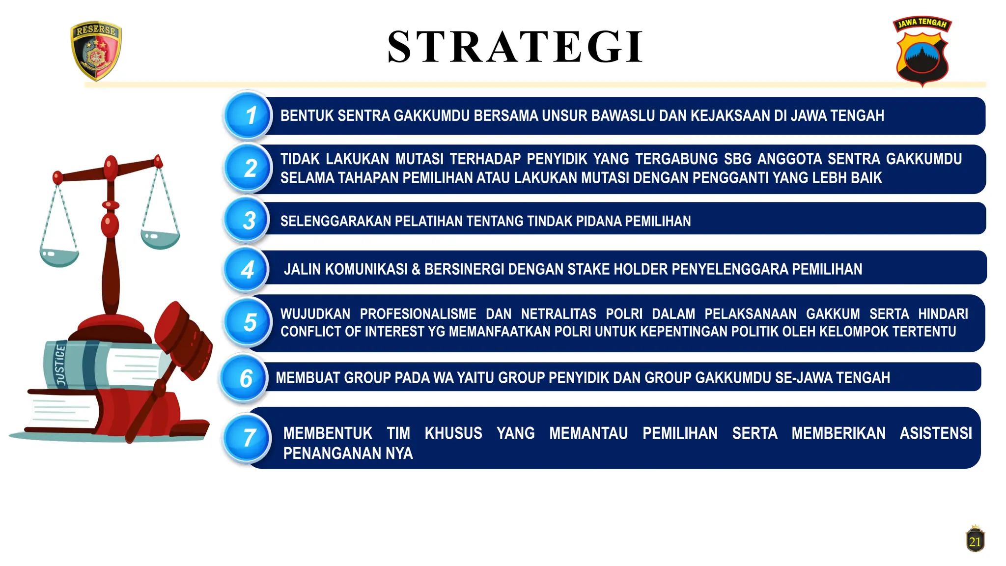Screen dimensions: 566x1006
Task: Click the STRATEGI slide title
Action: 515,47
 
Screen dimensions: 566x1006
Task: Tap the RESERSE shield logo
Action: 96,50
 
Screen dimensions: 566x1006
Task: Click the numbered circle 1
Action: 249,116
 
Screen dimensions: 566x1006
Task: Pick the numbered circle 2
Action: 249,168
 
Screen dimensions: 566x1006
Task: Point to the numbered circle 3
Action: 248,220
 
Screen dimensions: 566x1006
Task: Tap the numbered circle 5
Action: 249,322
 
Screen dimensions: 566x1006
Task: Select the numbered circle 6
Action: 245,378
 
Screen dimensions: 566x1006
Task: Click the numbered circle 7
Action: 248,438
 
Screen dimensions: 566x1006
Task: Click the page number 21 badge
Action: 975,540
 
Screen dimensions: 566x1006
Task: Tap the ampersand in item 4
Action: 416,270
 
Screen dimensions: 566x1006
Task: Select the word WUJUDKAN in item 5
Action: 315,314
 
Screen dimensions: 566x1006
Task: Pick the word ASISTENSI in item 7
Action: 936,433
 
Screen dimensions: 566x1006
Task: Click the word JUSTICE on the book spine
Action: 60,365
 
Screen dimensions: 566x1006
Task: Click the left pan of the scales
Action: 59,256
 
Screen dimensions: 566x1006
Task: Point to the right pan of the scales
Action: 160,238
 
